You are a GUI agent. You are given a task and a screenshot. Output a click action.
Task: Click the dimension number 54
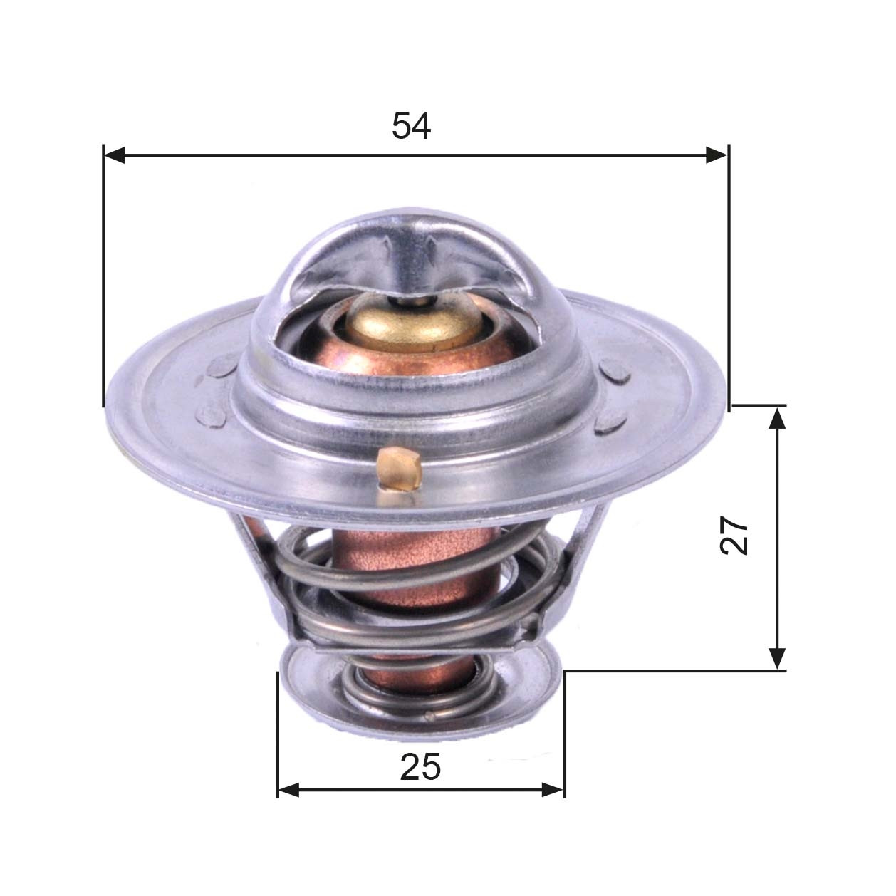[411, 127]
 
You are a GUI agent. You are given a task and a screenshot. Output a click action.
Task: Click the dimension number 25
[420, 768]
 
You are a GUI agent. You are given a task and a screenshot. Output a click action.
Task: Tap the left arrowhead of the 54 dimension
[115, 155]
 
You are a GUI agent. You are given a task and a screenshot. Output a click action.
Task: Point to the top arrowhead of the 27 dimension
[778, 417]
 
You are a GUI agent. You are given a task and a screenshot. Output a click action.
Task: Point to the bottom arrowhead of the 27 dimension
[778, 658]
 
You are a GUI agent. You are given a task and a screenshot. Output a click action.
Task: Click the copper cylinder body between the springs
[410, 563]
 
